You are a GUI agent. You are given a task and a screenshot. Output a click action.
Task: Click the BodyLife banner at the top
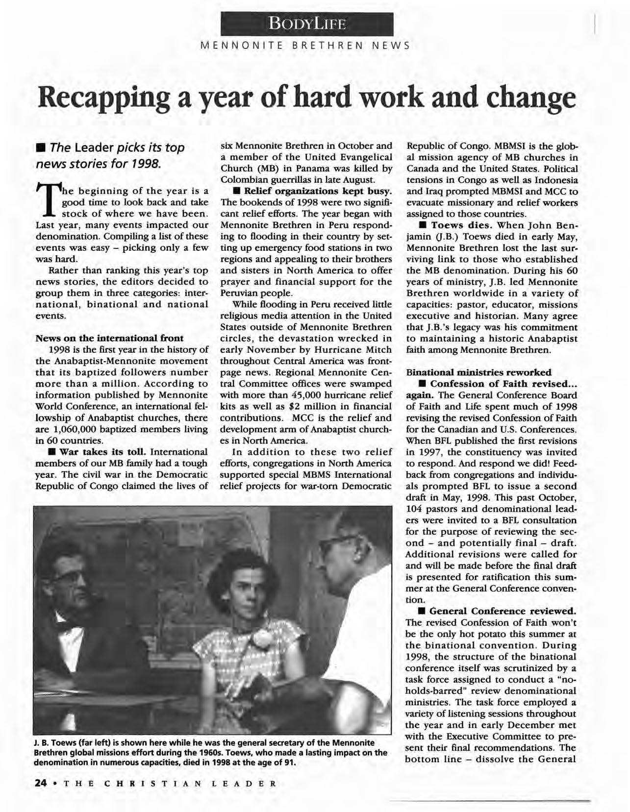pyautogui.click(x=307, y=23)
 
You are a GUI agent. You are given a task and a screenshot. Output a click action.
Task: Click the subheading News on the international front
pyautogui.click(x=110, y=338)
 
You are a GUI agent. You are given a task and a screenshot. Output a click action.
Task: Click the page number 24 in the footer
pyautogui.click(x=41, y=783)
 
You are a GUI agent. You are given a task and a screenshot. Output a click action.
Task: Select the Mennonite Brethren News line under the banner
pyautogui.click(x=306, y=47)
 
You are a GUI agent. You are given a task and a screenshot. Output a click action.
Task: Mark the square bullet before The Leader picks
pyautogui.click(x=41, y=148)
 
